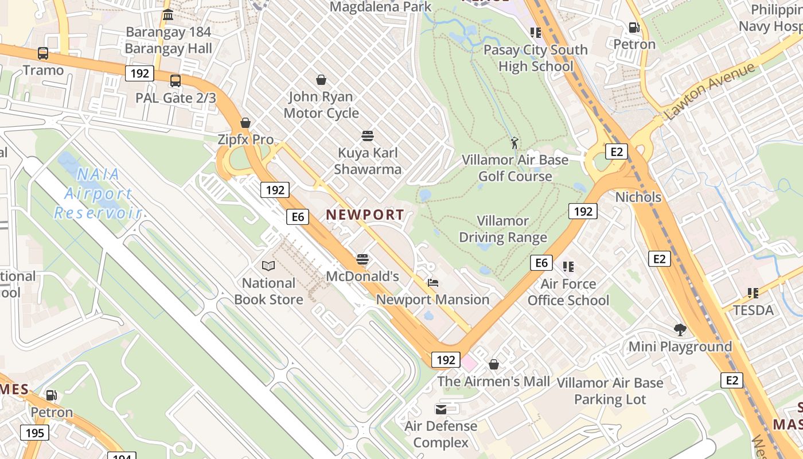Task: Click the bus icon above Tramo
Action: [x=43, y=53]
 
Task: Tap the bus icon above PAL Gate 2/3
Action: [x=176, y=81]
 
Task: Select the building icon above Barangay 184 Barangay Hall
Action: [x=168, y=15]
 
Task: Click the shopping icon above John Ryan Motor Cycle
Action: [x=321, y=80]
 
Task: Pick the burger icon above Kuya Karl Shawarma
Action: [x=368, y=136]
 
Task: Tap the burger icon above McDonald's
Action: [x=362, y=259]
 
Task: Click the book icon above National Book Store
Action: [x=268, y=266]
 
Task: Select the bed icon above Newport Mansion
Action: [x=433, y=283]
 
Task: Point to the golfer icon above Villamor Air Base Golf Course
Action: [x=514, y=142]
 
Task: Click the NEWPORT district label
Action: [x=365, y=215]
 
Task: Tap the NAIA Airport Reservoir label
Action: [x=98, y=193]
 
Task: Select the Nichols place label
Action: [x=638, y=197]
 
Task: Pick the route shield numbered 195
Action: [x=35, y=432]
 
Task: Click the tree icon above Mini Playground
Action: [x=680, y=330]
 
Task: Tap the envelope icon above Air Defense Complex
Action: [x=441, y=409]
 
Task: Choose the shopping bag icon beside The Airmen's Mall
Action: [x=494, y=364]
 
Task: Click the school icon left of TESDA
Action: [x=753, y=294]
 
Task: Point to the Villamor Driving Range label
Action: [x=503, y=229]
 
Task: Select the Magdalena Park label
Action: [x=380, y=7]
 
